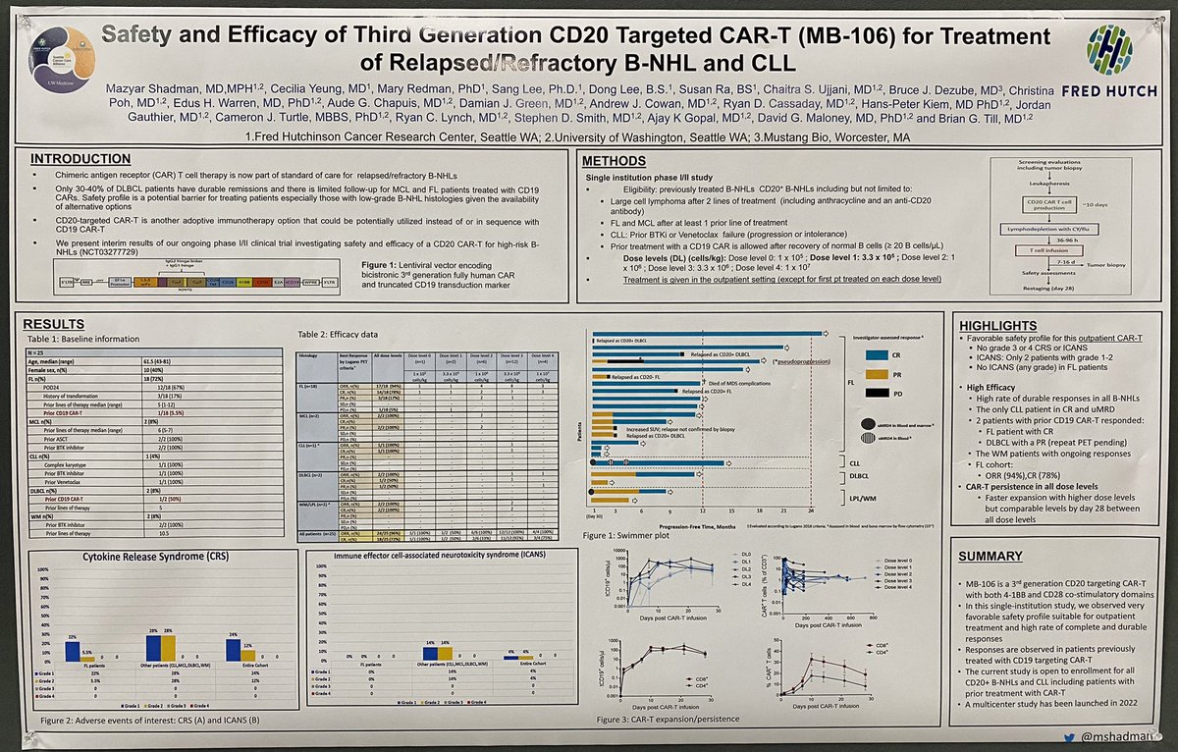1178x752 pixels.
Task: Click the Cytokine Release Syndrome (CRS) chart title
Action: click(153, 559)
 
